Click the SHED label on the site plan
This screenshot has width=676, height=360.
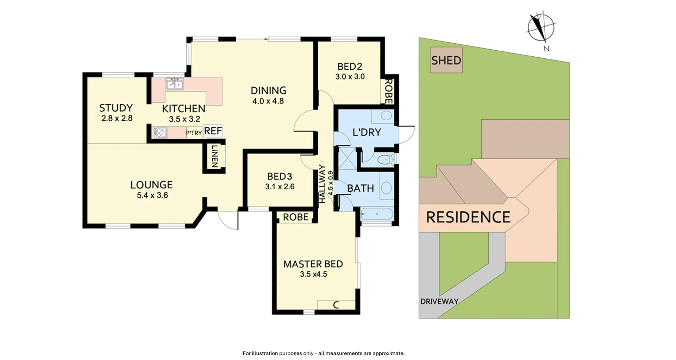(x=446, y=60)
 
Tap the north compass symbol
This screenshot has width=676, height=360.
(x=541, y=27)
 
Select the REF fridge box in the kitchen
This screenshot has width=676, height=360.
(x=213, y=131)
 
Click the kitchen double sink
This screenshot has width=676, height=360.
(x=174, y=84)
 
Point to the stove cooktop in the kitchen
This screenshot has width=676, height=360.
(x=161, y=133)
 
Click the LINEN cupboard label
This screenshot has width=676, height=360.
(x=214, y=157)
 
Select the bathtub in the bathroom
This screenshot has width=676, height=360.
(x=376, y=214)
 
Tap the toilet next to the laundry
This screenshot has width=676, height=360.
(x=386, y=160)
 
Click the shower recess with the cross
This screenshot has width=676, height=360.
(x=347, y=158)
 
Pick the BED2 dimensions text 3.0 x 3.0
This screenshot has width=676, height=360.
(x=350, y=77)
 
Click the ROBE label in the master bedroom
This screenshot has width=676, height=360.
(x=295, y=217)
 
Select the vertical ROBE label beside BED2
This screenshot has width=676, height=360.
(x=388, y=91)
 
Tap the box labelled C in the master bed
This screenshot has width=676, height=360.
(x=336, y=305)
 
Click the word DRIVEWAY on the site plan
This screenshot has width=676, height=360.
(x=439, y=301)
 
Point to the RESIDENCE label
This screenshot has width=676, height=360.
(x=468, y=217)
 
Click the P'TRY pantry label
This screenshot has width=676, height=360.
(x=194, y=133)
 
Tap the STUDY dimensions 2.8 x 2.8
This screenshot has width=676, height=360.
(x=117, y=119)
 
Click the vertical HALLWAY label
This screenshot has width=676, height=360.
(x=322, y=184)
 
